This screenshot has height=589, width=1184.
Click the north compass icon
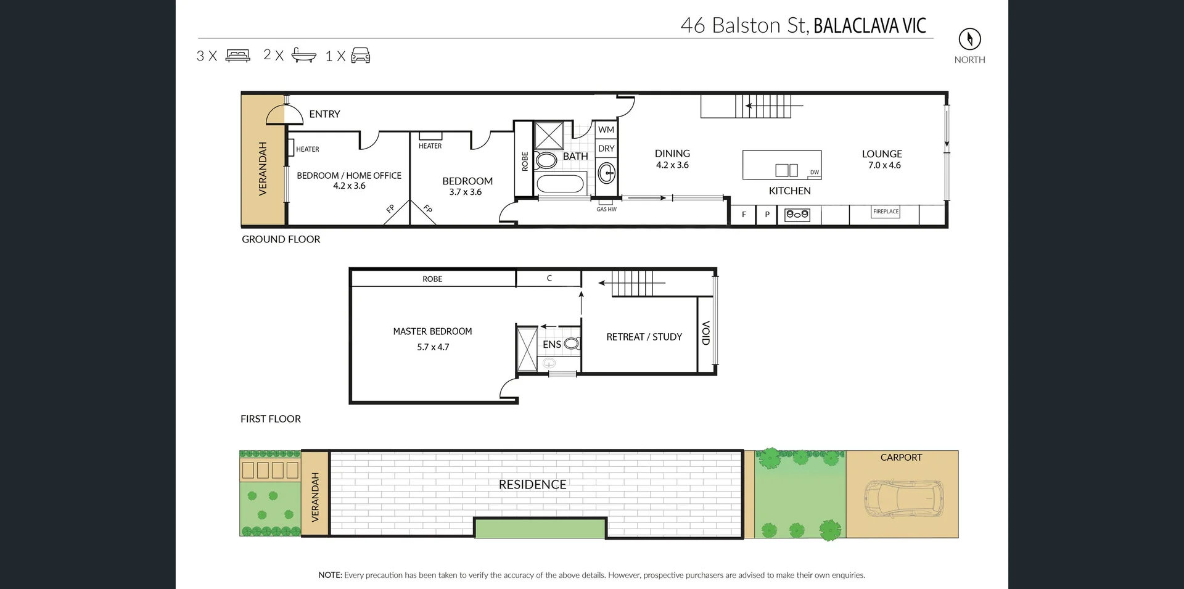(969, 39)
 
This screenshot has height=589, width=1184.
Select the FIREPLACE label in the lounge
(886, 212)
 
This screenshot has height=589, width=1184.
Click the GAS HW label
(606, 210)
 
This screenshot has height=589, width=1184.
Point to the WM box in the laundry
(606, 130)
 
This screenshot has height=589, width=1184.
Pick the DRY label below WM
(606, 149)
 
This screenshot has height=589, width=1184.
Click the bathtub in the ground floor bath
(560, 184)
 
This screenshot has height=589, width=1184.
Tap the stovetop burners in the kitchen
(797, 215)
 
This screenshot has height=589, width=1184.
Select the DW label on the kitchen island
(815, 173)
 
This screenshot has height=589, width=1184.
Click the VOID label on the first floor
(706, 333)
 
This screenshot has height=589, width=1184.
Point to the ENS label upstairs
(552, 344)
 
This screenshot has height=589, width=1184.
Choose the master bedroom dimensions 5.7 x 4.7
(433, 347)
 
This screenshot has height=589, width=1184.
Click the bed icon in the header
(238, 56)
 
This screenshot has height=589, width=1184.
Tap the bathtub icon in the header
(303, 55)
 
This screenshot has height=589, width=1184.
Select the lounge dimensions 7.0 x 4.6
(884, 165)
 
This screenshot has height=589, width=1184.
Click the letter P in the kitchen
(767, 215)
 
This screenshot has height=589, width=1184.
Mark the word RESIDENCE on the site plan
(532, 485)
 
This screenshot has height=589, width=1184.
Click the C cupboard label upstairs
(549, 278)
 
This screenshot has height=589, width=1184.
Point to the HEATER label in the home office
(307, 149)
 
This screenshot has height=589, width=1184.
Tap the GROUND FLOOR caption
(281, 239)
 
